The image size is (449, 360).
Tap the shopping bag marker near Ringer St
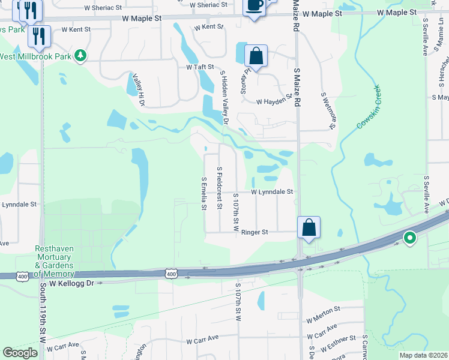(309, 228)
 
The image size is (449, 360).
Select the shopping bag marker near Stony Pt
(256, 56)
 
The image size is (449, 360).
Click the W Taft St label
(200, 67)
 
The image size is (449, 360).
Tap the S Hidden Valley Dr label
(225, 98)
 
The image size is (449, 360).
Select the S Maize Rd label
(297, 88)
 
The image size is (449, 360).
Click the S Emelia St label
(203, 193)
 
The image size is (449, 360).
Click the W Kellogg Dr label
(72, 283)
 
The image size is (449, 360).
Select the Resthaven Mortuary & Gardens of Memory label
(54, 261)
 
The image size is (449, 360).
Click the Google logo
(20, 353)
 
